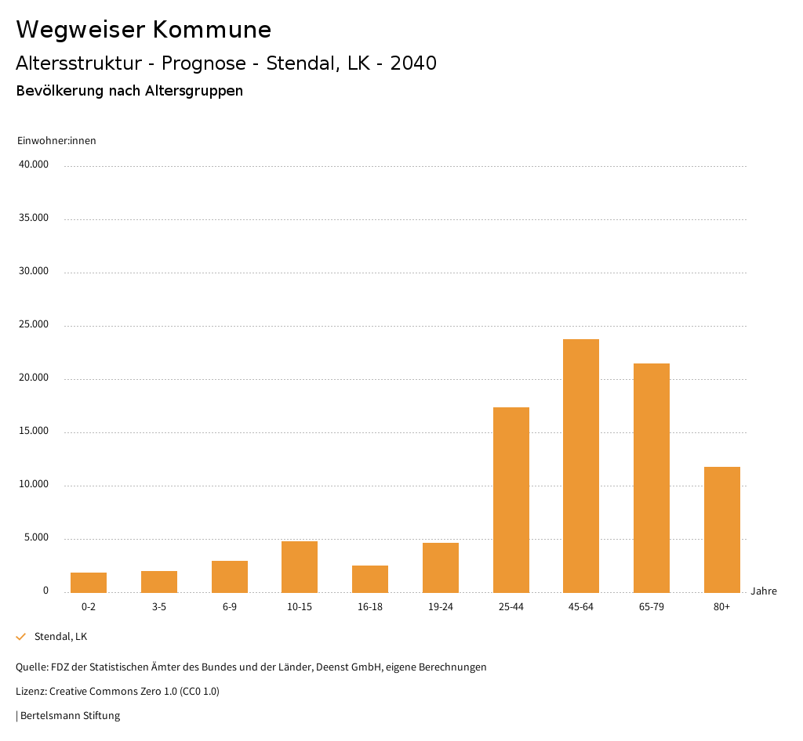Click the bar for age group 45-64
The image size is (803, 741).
pos(581,465)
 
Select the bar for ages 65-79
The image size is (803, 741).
pos(652,478)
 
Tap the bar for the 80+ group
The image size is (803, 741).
pos(721,530)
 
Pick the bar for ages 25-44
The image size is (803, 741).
pos(511,500)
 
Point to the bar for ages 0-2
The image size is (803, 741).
pos(89,583)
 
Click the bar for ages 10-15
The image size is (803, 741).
pos(300,567)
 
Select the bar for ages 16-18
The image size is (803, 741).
pos(370,579)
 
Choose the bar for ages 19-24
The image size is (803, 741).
pos(441,568)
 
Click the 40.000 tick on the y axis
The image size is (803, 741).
pos(34,164)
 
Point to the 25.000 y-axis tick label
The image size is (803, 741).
pos(34,324)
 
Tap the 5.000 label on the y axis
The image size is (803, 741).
pos(36,537)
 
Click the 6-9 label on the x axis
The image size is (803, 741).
pos(230,607)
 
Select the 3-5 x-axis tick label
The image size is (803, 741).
pos(159,607)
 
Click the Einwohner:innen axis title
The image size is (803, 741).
pos(56,141)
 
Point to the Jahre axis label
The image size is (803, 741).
pos(763,591)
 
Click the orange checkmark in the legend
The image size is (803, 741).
pos(21,637)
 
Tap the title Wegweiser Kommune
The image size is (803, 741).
pos(144,30)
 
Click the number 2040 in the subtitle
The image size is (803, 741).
pos(413,63)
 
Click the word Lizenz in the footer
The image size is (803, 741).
pos(31,692)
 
